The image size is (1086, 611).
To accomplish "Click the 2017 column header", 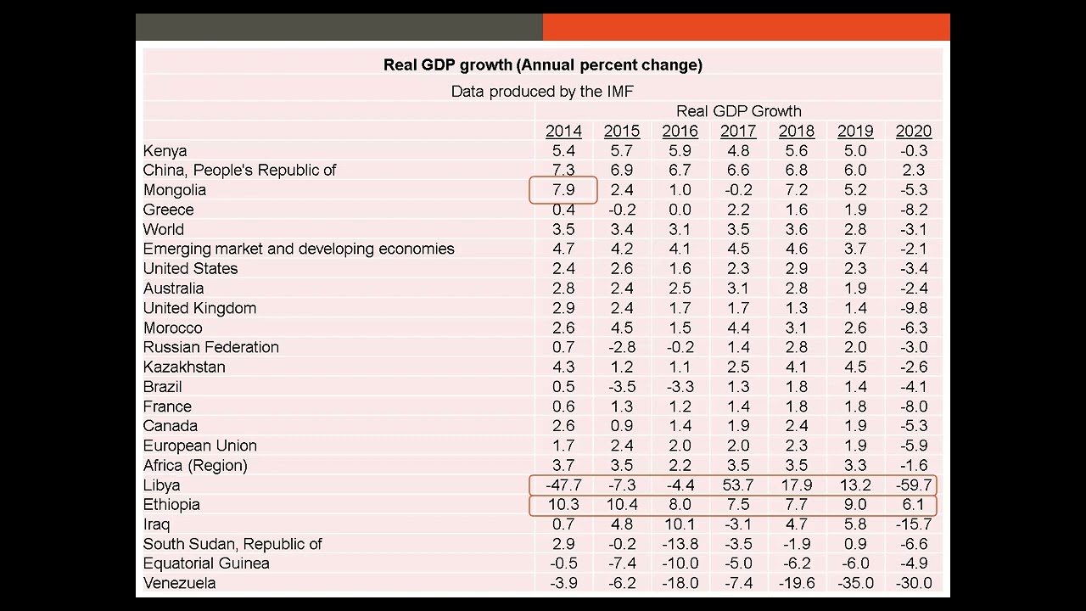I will point(737,131).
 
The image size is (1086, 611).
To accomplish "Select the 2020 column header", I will point(913,131).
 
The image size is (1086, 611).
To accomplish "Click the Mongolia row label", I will point(175,190).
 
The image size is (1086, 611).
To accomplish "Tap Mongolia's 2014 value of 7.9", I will point(563,190).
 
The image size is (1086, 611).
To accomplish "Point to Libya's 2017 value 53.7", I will point(737,485).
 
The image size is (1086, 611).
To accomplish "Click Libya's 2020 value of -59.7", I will point(913,485).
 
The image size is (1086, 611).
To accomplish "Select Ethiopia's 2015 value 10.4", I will point(622,505).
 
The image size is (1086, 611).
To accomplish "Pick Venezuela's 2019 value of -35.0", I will point(854,583).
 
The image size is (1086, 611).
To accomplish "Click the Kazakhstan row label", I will point(184,367).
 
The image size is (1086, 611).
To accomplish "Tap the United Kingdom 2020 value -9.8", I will point(913,308).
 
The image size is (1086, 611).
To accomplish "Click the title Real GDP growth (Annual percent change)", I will point(542,64).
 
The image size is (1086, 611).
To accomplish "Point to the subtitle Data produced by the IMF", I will point(542,91).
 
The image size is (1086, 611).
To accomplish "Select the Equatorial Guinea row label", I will point(206,563).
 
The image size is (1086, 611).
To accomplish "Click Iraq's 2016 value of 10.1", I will point(680,524).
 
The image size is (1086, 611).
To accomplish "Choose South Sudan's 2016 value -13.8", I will point(680,544).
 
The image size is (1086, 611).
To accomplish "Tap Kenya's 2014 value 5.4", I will point(563,151).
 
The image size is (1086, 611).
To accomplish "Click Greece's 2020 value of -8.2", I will point(913,210).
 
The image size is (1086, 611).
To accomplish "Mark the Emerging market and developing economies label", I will point(299,249).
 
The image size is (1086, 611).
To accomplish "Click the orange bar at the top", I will point(746,27).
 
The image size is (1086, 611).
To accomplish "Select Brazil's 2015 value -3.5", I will point(622,387).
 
